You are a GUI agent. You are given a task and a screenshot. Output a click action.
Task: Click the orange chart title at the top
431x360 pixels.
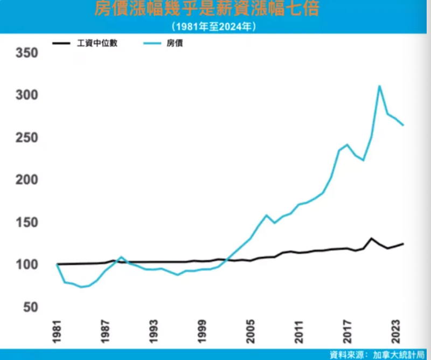pos(215,10)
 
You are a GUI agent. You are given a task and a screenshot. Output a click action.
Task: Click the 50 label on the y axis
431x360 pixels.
pos(30,307)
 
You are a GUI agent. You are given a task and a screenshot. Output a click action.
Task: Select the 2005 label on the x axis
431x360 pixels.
pos(251,334)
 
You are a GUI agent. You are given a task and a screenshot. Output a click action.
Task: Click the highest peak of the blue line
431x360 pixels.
pos(379,86)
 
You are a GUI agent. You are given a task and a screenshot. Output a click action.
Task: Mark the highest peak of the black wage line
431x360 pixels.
pos(371,238)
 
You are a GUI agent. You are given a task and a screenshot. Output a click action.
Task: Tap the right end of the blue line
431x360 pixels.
pos(403,125)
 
